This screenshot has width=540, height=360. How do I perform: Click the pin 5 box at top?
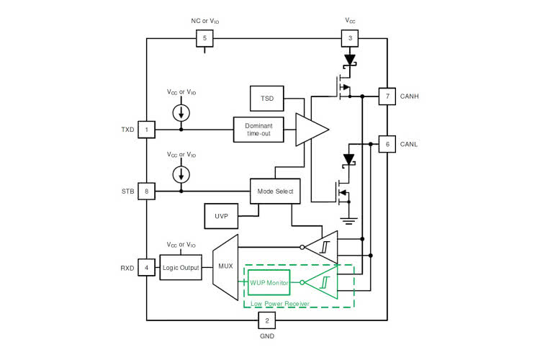coord(205,39)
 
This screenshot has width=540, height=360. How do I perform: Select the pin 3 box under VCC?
coord(350,39)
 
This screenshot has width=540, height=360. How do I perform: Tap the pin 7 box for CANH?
coord(387,96)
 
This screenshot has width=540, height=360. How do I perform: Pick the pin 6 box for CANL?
coord(387,144)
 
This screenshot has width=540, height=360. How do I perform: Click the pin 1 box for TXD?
coord(147,130)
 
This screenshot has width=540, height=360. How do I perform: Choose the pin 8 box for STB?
coord(147,192)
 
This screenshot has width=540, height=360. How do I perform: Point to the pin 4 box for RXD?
coord(147,268)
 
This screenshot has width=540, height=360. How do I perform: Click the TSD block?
coord(266,97)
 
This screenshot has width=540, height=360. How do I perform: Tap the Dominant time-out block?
coord(259,130)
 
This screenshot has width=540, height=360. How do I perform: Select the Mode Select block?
coord(274,192)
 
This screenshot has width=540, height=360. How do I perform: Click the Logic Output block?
coord(181,268)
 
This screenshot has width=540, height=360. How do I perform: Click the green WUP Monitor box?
coord(269,283)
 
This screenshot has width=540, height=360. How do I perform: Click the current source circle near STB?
coord(181,175)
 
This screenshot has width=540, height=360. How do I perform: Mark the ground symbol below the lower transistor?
coord(349,221)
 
